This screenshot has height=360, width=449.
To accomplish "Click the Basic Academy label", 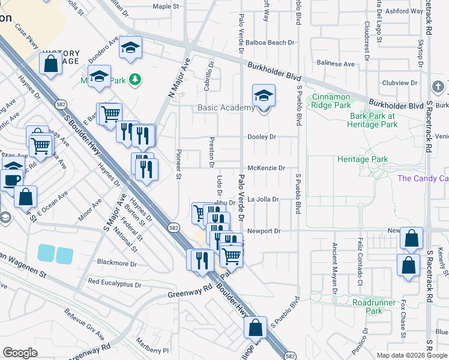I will pos(226,108).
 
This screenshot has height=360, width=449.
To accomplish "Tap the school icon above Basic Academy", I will pos(264,96).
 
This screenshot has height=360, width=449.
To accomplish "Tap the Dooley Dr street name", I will pos(262,137).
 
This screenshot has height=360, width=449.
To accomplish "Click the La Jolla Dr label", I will pos(264,199).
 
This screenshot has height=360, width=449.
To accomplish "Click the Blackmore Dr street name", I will pos(116,263).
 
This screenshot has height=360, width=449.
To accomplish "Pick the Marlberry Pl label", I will pos(152,350).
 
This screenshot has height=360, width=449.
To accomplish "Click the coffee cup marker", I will pos(11,181).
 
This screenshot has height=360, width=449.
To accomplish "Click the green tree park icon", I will pos(136,79).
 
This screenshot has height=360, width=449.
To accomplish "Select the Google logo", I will pos(20,353).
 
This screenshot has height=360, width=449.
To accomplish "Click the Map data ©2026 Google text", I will pos(411,355).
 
